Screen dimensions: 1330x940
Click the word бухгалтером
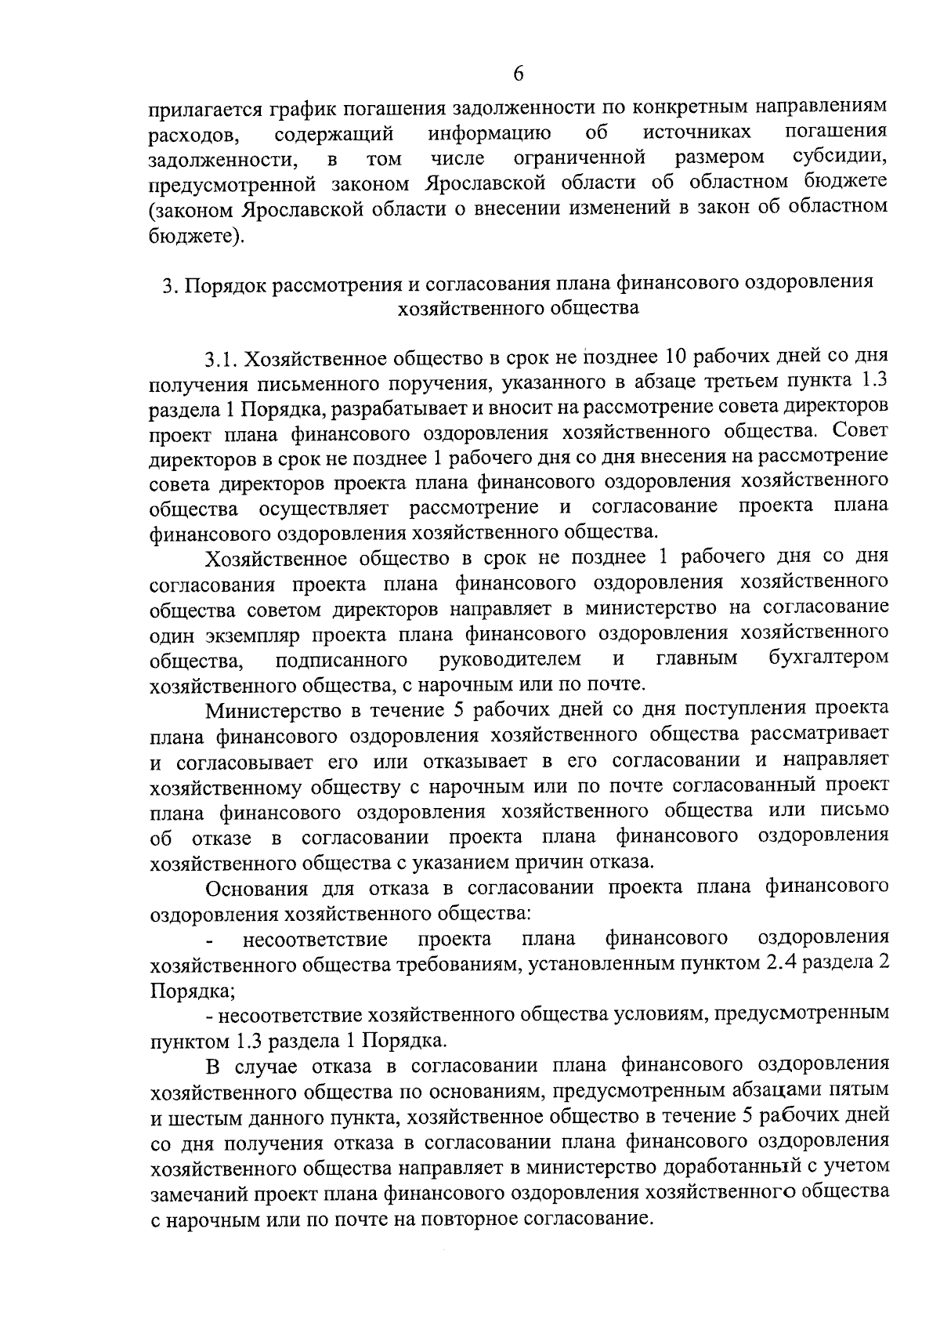pos(830,657)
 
